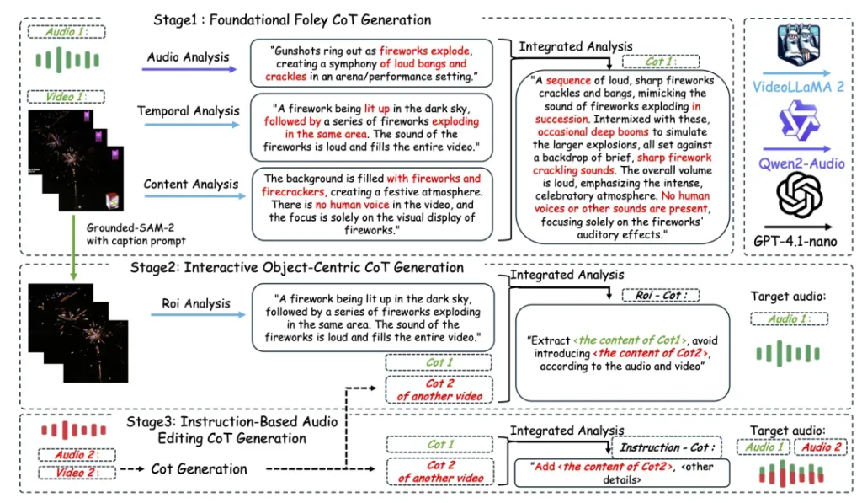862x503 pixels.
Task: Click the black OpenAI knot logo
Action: coord(797,196)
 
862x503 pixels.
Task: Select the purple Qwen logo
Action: coord(797,120)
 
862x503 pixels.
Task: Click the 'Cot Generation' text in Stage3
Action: coord(199,468)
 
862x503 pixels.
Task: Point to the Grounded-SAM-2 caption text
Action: coord(134,232)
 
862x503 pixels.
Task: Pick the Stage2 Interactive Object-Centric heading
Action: coord(295,268)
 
